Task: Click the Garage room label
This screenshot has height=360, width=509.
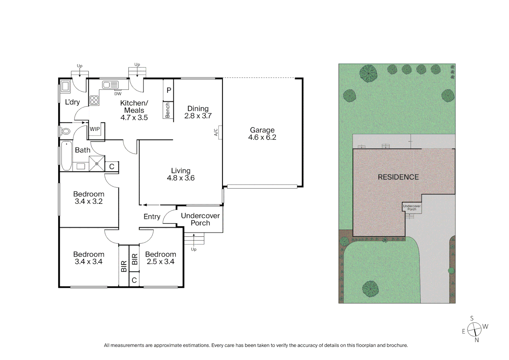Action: [x=262, y=130]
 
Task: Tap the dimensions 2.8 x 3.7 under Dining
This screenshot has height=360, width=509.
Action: [x=198, y=116]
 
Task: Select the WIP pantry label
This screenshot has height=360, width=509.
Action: [x=95, y=129]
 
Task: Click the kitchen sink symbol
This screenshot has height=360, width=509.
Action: [x=110, y=85]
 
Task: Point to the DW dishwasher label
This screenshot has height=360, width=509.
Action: [x=118, y=94]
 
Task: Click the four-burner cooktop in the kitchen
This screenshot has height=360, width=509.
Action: [x=94, y=100]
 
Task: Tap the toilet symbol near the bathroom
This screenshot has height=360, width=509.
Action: [x=66, y=131]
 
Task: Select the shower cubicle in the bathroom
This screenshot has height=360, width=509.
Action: [x=97, y=164]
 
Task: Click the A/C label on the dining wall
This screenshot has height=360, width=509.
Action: [x=216, y=132]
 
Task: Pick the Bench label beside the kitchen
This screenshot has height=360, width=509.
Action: [x=168, y=110]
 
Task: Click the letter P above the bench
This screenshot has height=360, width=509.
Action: [x=169, y=90]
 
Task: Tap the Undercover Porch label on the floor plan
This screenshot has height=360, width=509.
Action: [x=200, y=219]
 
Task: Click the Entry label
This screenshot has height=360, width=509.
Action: [x=152, y=217]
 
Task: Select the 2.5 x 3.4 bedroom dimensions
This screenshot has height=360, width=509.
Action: [x=161, y=262]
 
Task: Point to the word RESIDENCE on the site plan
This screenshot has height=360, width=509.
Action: [x=398, y=177]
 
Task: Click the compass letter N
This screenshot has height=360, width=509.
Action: [x=477, y=340]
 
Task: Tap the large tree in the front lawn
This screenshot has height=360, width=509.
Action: [x=370, y=289]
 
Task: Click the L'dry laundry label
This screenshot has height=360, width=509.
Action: [x=72, y=102]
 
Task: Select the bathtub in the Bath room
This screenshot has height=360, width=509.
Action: [x=66, y=156]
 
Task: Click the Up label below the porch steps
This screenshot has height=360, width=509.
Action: [x=194, y=249]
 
